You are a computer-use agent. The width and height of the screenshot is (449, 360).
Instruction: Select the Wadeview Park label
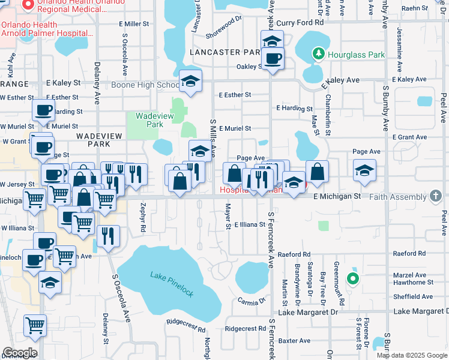coord(150,120)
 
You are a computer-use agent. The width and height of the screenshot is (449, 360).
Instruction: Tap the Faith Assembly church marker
coord(436,196)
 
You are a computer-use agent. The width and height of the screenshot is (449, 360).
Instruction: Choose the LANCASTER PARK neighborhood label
coord(223,52)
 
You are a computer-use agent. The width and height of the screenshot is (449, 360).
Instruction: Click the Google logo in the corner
coord(19,353)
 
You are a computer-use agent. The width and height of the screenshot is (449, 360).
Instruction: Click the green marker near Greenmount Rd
coord(354,278)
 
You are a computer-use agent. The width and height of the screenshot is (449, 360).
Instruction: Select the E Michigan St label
coord(336,196)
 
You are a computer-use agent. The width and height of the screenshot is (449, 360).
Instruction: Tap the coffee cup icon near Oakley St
coord(273,59)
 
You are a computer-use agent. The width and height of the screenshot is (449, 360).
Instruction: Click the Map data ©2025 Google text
coord(412,355)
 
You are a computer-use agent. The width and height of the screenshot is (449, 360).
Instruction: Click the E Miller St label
coord(133,23)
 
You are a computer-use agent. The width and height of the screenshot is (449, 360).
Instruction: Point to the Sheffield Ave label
coord(412,296)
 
